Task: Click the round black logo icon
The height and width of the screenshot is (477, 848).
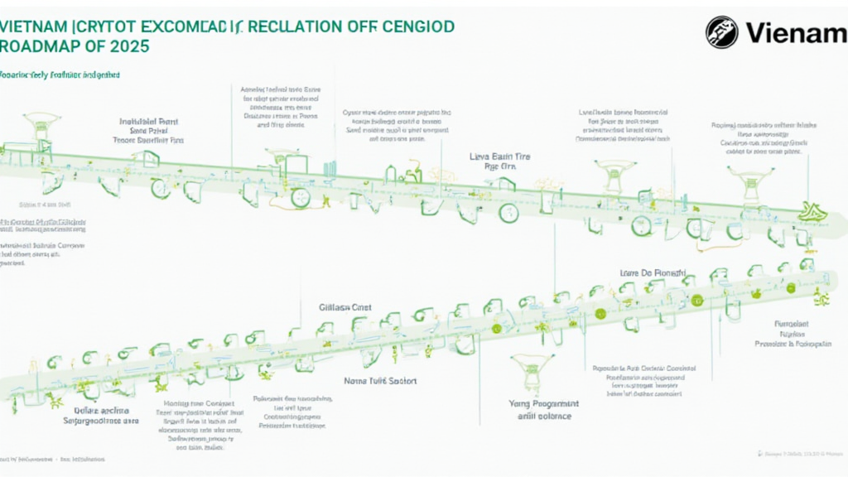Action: point(721,32)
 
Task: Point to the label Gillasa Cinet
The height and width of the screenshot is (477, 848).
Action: point(345,307)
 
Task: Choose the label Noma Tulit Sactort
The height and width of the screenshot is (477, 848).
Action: point(380,381)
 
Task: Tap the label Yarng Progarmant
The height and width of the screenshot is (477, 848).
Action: point(543,403)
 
